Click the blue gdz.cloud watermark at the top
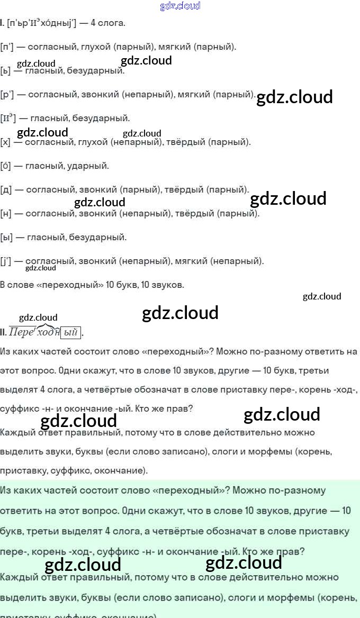click(180, 6)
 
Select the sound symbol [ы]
click(6, 238)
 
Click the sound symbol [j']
click(6, 261)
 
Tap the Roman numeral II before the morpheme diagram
click(3, 333)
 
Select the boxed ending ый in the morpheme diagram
click(70, 333)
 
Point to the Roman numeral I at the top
click(2, 23)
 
